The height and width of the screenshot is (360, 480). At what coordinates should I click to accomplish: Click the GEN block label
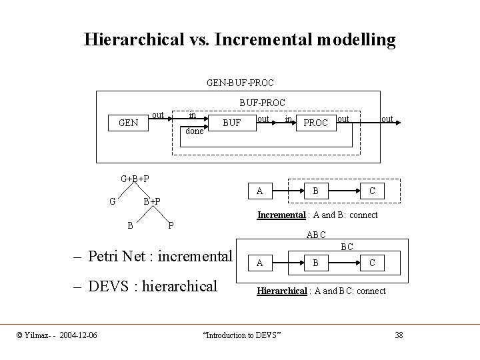(127, 123)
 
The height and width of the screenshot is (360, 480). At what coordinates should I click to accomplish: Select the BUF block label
(231, 123)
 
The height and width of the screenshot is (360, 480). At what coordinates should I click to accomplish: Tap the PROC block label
(315, 123)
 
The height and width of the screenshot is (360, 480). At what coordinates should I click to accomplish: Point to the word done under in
(194, 131)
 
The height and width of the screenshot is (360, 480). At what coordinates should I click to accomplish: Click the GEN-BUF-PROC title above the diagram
(240, 83)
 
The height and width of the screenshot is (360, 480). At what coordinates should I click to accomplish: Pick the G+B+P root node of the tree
(135, 178)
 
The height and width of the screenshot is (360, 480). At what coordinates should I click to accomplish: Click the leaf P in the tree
(171, 225)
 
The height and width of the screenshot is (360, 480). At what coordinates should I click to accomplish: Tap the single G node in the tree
(113, 200)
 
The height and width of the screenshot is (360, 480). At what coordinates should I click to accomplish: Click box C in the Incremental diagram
(371, 191)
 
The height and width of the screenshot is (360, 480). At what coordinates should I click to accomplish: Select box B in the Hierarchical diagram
(315, 263)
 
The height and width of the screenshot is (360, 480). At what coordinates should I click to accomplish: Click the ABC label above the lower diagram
(316, 235)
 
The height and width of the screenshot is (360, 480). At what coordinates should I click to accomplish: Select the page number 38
(399, 334)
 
